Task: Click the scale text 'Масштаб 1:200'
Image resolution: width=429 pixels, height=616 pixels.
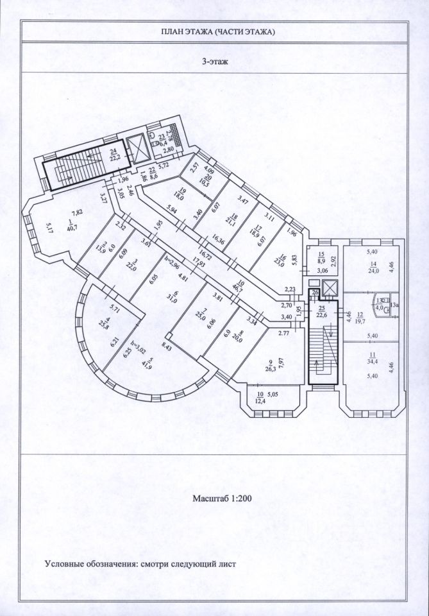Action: (x=219, y=497)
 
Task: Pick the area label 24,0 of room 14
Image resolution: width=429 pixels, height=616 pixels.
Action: (x=371, y=270)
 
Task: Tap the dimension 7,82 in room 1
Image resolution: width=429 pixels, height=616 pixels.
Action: (x=76, y=212)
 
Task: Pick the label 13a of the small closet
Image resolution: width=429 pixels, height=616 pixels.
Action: (x=394, y=305)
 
